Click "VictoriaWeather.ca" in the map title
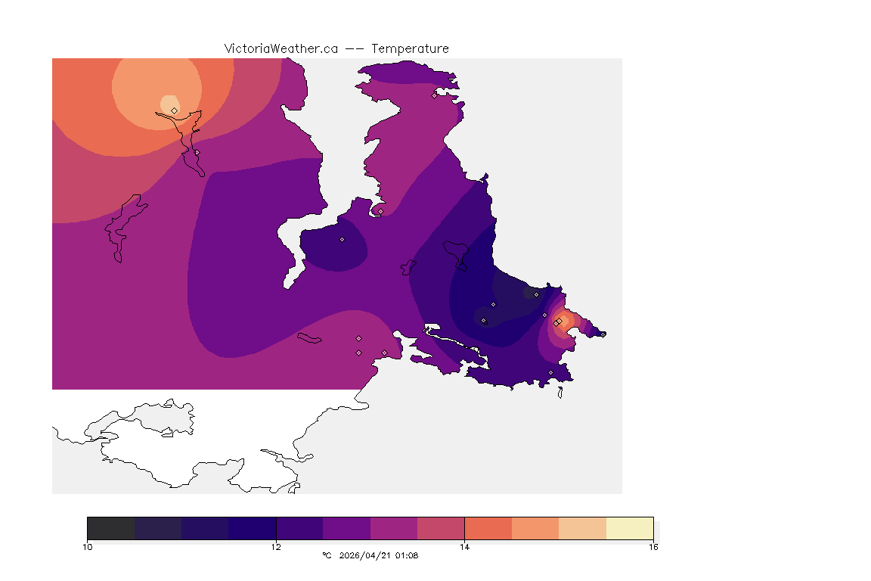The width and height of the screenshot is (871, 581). (281, 48)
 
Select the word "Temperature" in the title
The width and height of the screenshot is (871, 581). (411, 48)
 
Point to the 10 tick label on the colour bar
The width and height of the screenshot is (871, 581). (88, 546)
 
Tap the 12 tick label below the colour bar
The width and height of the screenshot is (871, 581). (276, 546)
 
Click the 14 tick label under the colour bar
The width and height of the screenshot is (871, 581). (464, 546)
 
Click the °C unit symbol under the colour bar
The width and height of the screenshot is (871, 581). (327, 556)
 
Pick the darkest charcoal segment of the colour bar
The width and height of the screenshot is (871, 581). (110, 528)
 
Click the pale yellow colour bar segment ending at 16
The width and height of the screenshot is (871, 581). (630, 528)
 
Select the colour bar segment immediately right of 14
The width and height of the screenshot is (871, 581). (488, 528)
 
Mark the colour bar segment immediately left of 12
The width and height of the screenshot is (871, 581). (252, 528)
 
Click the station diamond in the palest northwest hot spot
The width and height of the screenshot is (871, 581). (174, 110)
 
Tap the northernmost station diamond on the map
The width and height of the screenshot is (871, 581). (434, 95)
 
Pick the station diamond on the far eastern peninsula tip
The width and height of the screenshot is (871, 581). (603, 334)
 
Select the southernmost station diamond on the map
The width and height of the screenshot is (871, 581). (550, 372)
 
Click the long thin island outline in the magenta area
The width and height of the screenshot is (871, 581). (309, 338)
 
